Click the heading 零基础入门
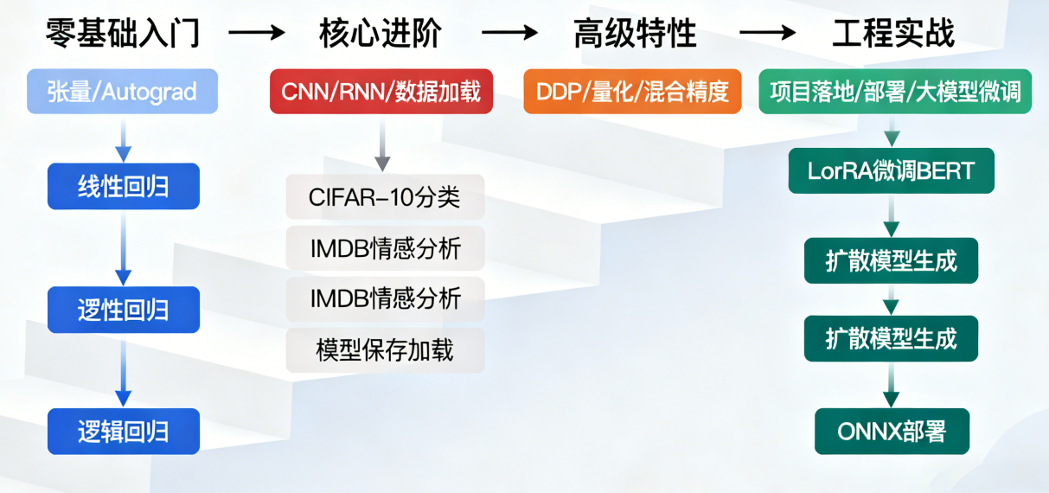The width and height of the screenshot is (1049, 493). pyautogui.click(x=123, y=34)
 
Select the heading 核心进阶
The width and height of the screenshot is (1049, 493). pyautogui.click(x=381, y=34)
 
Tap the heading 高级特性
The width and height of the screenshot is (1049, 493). pyautogui.click(x=635, y=34)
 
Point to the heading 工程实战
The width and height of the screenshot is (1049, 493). pyautogui.click(x=893, y=34)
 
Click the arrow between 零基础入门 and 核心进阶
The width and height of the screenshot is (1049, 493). pyautogui.click(x=256, y=34)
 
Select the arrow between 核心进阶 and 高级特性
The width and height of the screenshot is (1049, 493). pyautogui.click(x=509, y=34)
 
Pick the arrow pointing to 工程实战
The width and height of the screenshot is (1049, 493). pyautogui.click(x=767, y=34)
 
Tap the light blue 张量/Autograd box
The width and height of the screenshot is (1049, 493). pyautogui.click(x=123, y=92)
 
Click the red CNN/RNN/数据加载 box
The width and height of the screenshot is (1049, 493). pyautogui.click(x=381, y=92)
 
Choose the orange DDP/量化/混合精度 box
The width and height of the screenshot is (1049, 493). pyautogui.click(x=632, y=92)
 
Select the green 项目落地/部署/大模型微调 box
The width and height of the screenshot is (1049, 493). pyautogui.click(x=894, y=92)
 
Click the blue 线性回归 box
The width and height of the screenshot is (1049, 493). pyautogui.click(x=124, y=186)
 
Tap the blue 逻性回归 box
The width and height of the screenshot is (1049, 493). pyautogui.click(x=124, y=310)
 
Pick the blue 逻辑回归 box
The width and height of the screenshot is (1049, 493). pyautogui.click(x=124, y=432)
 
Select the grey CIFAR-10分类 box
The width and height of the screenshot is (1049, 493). pyautogui.click(x=385, y=197)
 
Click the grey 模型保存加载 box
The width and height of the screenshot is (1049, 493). pyautogui.click(x=385, y=350)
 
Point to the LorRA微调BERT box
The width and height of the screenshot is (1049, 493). pyautogui.click(x=891, y=170)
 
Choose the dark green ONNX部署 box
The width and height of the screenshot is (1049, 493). pyautogui.click(x=892, y=432)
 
